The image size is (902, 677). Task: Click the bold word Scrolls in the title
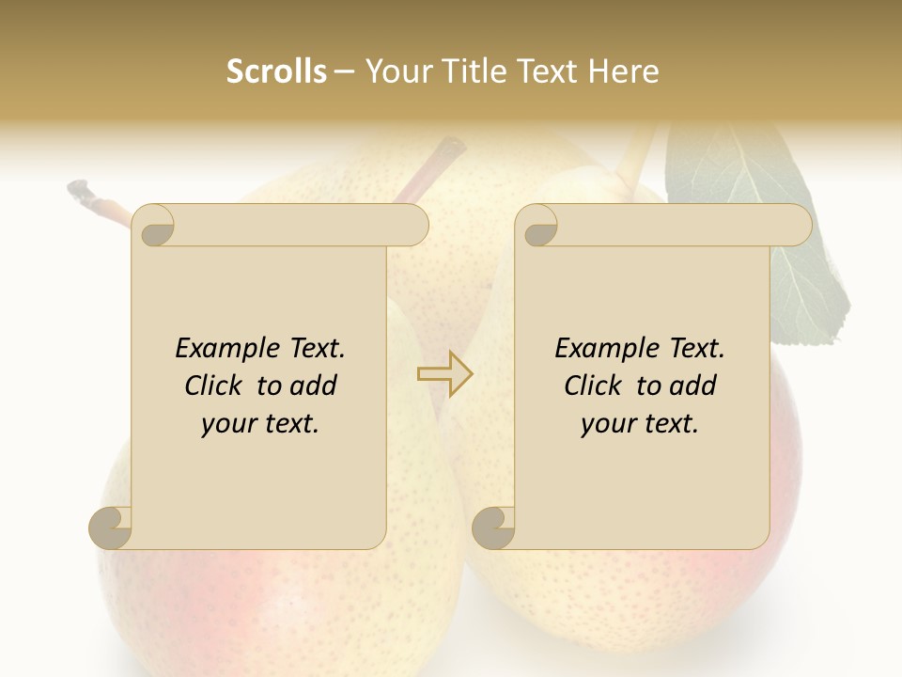pyautogui.click(x=276, y=71)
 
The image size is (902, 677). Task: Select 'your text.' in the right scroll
pyautogui.click(x=640, y=424)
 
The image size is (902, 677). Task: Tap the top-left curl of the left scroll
pyautogui.click(x=153, y=227)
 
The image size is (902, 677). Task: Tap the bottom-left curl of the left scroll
pyautogui.click(x=111, y=527)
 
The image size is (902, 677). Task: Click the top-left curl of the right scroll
pyautogui.click(x=537, y=227)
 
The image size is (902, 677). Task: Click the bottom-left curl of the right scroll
pyautogui.click(x=494, y=527)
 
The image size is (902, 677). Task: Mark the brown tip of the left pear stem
pyautogui.click(x=83, y=192)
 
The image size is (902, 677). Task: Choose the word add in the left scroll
pyautogui.click(x=312, y=386)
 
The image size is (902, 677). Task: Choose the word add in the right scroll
pyautogui.click(x=692, y=386)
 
